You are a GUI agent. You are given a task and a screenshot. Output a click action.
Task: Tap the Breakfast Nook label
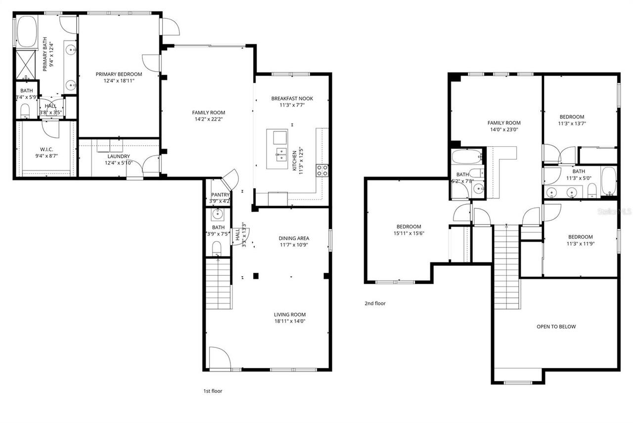pos(292,98)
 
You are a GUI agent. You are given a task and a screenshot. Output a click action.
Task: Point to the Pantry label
pos(220,195)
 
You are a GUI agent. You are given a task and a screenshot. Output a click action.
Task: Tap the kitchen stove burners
pos(322,170)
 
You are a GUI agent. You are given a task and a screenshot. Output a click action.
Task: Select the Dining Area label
pos(294,238)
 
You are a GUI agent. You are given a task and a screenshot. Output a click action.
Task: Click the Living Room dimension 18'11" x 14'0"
pos(290,321)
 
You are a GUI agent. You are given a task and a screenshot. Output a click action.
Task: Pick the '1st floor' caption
pos(213,391)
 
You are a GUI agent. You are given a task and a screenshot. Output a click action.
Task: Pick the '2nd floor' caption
pos(375,303)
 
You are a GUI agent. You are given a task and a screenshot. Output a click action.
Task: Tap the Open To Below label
pos(556,327)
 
